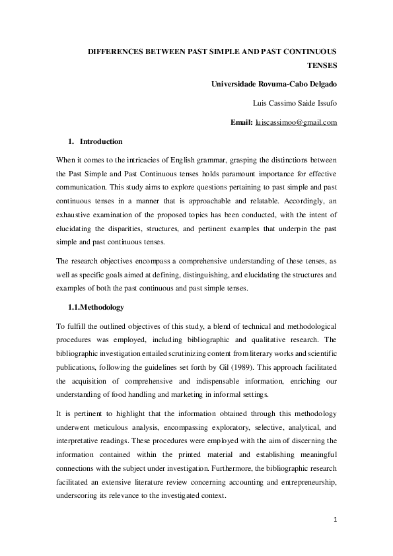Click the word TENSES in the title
pyautogui.click(x=323, y=66)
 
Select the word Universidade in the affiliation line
pyautogui.click(x=236, y=85)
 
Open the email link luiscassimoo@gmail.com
pyautogui.click(x=296, y=122)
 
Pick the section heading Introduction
pyautogui.click(x=101, y=141)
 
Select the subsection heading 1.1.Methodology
pyautogui.click(x=96, y=308)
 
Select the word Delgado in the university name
pyautogui.click(x=322, y=85)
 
